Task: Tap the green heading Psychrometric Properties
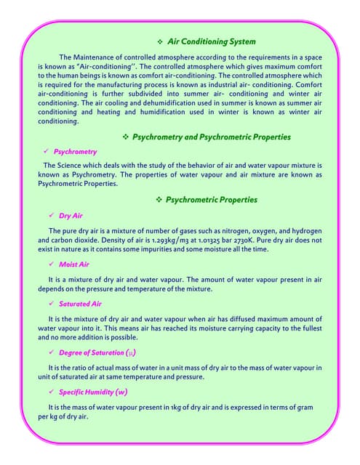(212, 199)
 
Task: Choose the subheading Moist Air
(74, 264)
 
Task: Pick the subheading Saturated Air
(80, 304)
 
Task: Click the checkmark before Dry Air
(51, 216)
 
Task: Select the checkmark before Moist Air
(51, 264)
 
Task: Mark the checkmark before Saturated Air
(51, 304)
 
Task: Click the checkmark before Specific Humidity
(51, 392)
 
